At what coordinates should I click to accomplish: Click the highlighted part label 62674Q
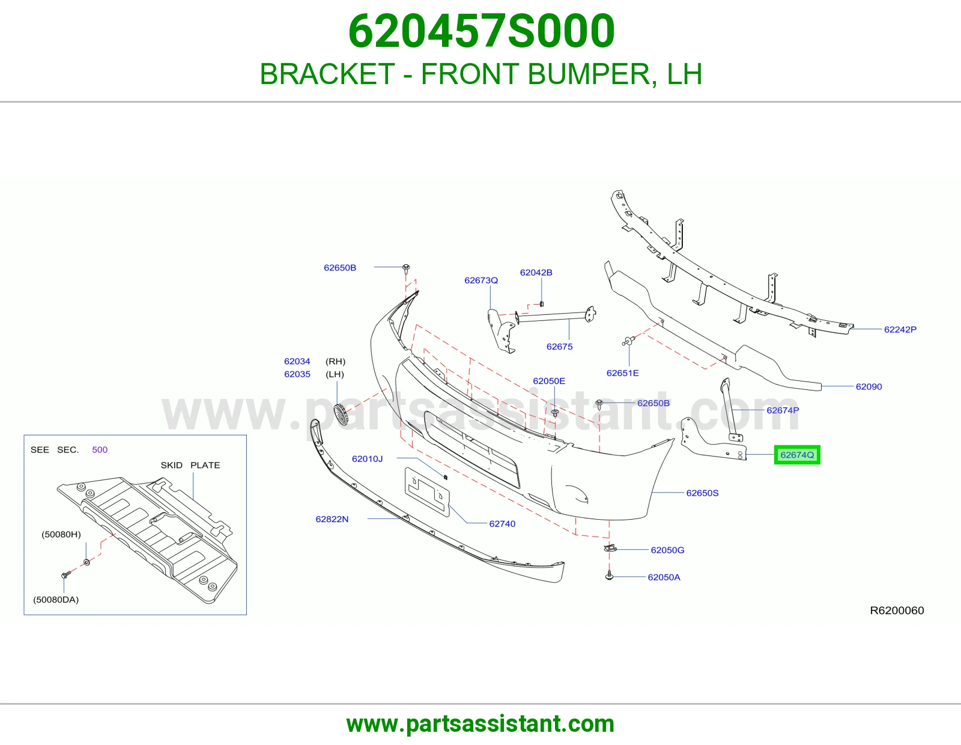point(797,455)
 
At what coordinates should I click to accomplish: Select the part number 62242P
point(900,330)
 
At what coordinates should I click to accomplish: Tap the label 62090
point(869,387)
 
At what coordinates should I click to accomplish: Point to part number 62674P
point(783,410)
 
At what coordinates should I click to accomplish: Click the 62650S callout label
point(702,493)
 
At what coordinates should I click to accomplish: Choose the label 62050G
point(667,550)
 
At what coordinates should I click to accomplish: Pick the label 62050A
point(664,577)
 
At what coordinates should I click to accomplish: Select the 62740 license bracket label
point(502,524)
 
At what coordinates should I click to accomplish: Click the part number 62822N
point(332,519)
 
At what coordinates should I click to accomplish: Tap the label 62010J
point(367,459)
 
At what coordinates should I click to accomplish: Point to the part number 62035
point(297,374)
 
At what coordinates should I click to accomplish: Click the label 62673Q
point(480,280)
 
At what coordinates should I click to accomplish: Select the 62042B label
point(536,273)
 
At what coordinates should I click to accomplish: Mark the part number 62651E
point(622,373)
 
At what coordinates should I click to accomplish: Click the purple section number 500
point(100,449)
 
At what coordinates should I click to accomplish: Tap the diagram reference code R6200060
point(897,610)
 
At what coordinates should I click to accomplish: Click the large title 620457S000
point(481,31)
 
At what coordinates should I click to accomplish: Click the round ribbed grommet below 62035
point(341,415)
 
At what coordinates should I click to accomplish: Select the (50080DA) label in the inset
point(56,600)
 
